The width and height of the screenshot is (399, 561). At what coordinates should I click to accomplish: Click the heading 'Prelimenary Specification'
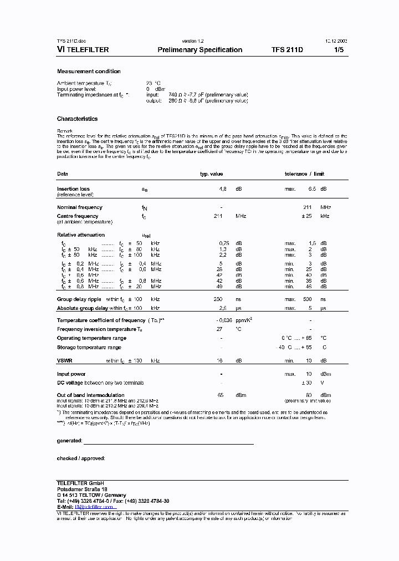coord(199,50)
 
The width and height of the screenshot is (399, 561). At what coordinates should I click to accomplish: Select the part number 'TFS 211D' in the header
coord(287,50)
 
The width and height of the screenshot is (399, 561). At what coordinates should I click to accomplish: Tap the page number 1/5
coord(339,50)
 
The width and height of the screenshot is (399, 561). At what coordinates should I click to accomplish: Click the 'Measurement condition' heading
coord(89,72)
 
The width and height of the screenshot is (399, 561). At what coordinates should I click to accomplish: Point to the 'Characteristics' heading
coord(77,119)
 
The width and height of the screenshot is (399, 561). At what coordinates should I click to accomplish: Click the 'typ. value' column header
coord(211,174)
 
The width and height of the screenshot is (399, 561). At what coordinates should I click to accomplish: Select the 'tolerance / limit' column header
coord(304,174)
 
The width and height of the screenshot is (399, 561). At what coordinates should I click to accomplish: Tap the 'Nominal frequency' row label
coord(80,207)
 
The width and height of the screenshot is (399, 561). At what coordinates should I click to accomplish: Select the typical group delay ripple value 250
coord(218,299)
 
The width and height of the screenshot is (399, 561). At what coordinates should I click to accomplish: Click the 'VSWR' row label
coord(65,361)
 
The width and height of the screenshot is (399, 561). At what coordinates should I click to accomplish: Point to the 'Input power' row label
coord(71,374)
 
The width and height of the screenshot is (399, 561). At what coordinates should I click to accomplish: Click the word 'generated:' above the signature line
coord(69,441)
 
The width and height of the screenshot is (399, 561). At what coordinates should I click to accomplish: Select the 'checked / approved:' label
coord(81,458)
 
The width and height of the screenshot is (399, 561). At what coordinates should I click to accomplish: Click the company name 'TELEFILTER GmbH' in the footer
coord(80,483)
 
